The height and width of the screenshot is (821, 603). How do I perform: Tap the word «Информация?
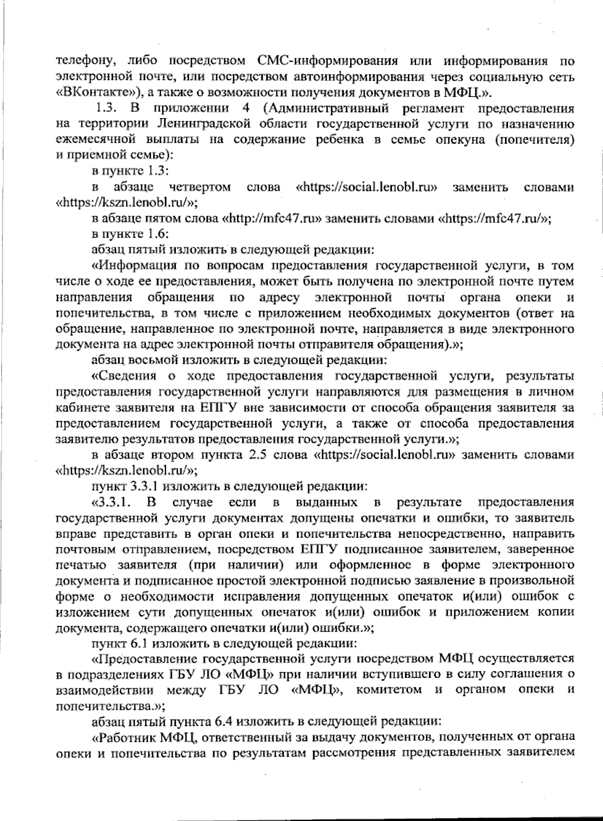point(133,266)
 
